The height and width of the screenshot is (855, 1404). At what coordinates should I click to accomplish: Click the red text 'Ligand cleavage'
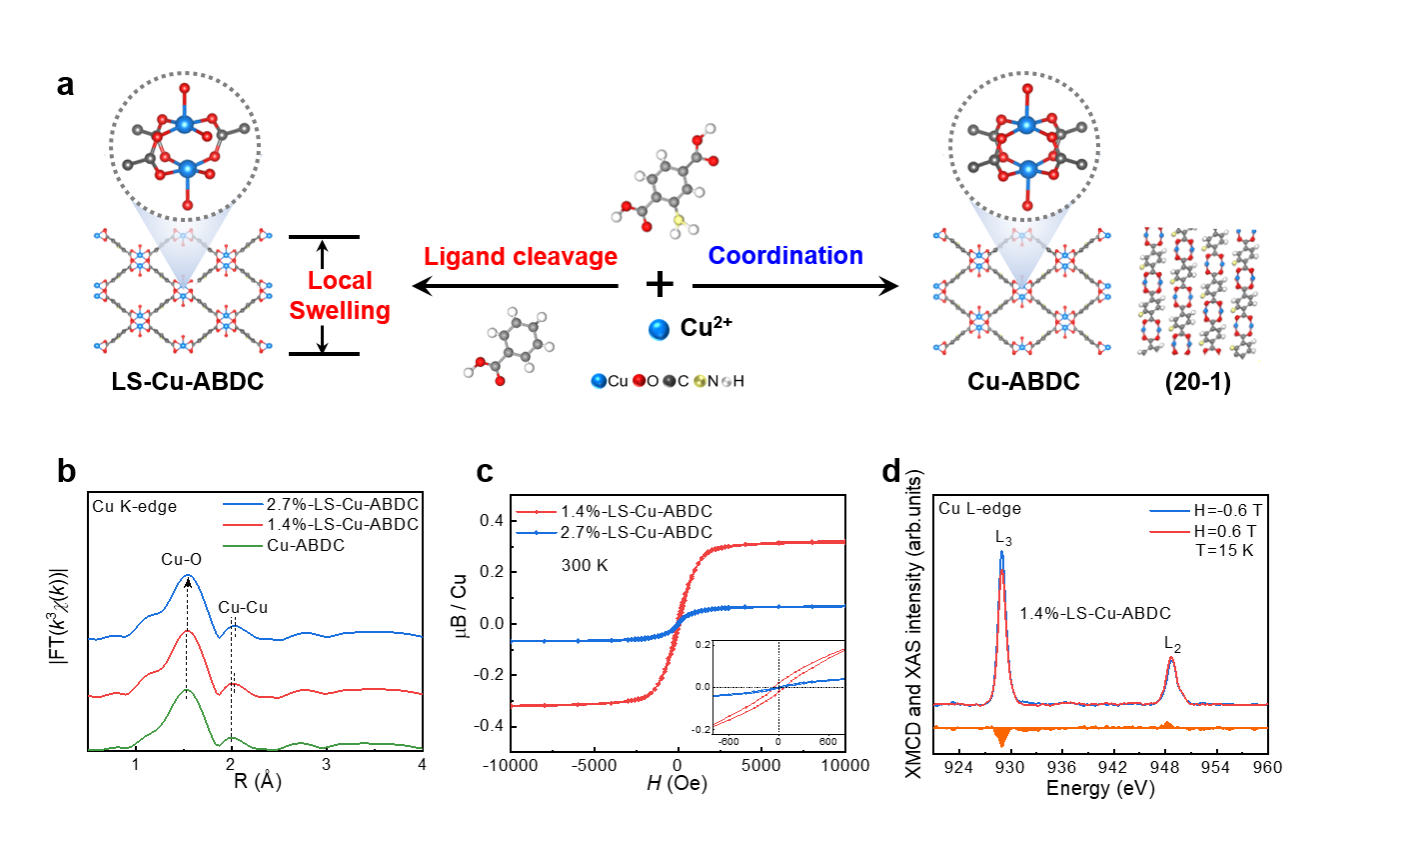click(520, 257)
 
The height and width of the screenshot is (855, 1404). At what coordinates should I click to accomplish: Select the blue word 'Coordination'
click(785, 256)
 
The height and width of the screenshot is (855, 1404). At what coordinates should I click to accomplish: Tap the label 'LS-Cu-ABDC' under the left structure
click(188, 382)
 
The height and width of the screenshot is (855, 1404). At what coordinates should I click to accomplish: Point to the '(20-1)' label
click(1197, 382)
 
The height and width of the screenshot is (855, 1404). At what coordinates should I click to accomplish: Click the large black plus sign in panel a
click(660, 285)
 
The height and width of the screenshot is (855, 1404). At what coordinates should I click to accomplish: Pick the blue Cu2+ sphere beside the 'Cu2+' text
click(659, 329)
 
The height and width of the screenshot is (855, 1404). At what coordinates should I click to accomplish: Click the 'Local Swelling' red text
click(340, 296)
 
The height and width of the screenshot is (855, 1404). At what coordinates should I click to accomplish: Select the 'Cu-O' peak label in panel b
click(181, 560)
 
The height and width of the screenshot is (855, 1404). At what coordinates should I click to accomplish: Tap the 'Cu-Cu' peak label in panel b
click(243, 607)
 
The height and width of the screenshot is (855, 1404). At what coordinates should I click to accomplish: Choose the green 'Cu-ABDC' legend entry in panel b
click(305, 545)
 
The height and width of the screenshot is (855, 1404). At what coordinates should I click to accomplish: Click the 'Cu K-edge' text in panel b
click(134, 507)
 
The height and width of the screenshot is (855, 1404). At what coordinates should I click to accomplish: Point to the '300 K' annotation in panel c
click(584, 565)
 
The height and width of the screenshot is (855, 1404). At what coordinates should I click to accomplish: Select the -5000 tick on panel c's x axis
click(594, 766)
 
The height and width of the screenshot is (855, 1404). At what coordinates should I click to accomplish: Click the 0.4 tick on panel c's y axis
click(491, 520)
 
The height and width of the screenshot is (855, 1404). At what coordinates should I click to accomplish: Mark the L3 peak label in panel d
click(1003, 539)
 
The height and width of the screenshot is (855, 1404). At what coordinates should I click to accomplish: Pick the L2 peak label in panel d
click(1172, 645)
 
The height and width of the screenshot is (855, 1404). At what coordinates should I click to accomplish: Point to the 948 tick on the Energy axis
click(1164, 767)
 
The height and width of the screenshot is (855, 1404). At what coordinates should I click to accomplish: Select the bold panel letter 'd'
click(892, 470)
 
